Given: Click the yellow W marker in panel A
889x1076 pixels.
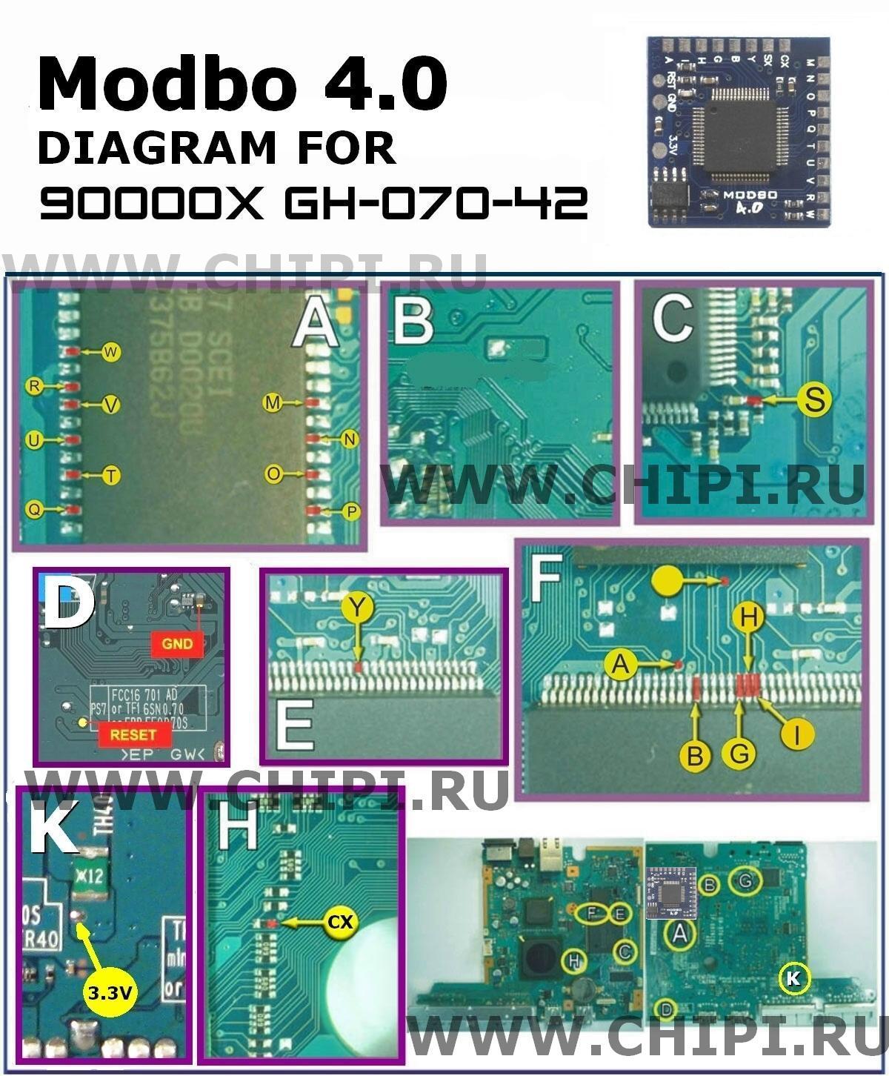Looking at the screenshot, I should click(x=111, y=353).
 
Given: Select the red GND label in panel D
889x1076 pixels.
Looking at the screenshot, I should click(x=177, y=644).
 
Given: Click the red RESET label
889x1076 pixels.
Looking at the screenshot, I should click(x=133, y=734).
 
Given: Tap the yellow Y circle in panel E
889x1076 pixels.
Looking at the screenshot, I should click(x=359, y=608).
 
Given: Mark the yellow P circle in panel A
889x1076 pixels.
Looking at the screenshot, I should click(x=350, y=511).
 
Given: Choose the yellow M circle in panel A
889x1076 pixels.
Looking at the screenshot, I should click(x=273, y=402).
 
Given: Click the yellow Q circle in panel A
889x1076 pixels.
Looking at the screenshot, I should click(x=33, y=508).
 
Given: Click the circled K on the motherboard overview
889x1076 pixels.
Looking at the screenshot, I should click(x=793, y=978).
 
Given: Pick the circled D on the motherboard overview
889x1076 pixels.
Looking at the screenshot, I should click(x=667, y=1009).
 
